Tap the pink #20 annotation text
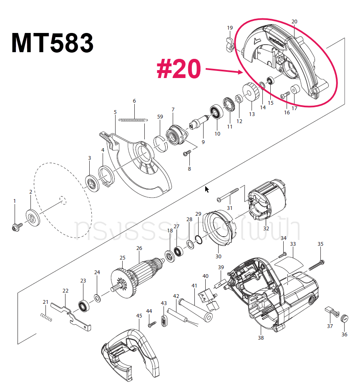click(179, 69)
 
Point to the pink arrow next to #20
click(224, 71)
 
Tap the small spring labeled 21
click(47, 318)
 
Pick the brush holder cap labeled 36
click(345, 318)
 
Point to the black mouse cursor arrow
click(207, 190)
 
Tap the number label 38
click(261, 338)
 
